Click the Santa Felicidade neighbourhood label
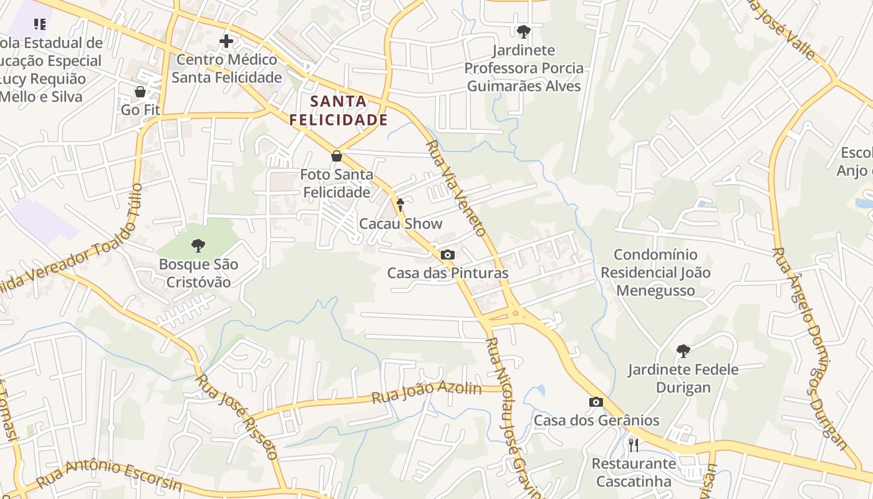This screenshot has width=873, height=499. click(339, 110)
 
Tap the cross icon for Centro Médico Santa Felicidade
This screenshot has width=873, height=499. click(226, 42)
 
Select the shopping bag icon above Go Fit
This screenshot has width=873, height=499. click(140, 92)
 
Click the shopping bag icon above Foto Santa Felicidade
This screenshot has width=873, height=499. click(337, 156)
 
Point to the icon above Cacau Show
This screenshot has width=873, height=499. click(400, 205)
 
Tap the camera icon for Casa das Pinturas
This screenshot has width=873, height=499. click(448, 254)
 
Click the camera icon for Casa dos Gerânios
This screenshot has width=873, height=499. click(596, 402)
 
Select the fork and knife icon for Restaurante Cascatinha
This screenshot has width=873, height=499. click(634, 445)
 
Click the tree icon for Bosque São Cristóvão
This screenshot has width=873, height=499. click(198, 246)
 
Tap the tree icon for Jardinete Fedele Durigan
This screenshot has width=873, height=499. click(683, 351)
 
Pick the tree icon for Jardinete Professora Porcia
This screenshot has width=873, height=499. click(524, 31)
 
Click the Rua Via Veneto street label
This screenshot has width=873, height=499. click(456, 188)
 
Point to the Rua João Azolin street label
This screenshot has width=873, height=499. click(427, 393)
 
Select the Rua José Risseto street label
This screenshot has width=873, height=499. click(236, 416)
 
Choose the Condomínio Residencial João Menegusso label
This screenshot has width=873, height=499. click(655, 273)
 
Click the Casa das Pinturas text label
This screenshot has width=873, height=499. click(448, 273)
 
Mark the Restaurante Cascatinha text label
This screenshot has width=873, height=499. click(634, 472)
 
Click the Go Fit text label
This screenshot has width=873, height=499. click(140, 110)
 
